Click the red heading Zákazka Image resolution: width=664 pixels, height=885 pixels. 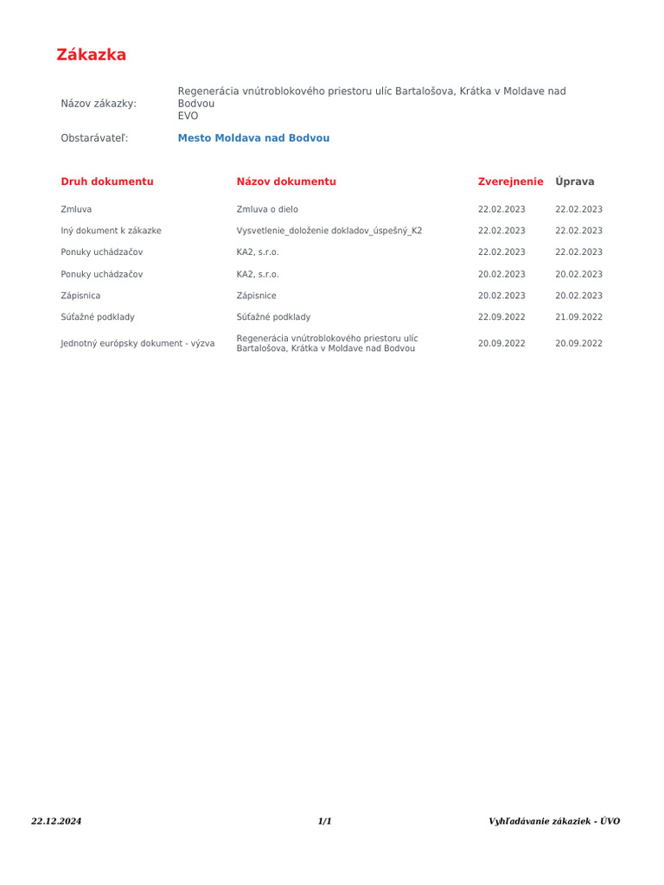click(91, 55)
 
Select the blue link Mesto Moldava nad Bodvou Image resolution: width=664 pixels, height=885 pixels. click(253, 138)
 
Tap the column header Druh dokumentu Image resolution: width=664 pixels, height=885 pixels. click(107, 181)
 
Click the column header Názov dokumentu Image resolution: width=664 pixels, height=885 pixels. click(286, 181)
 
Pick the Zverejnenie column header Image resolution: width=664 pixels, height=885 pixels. click(510, 181)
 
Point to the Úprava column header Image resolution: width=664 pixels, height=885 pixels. click(575, 181)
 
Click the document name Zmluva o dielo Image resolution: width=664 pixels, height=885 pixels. click(267, 209)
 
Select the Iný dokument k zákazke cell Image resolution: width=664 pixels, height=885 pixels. click(111, 231)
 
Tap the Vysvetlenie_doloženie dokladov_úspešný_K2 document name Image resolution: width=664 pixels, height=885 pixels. click(329, 231)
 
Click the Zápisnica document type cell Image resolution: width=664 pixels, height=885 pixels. click(80, 296)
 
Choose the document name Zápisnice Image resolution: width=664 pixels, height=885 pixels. click(256, 296)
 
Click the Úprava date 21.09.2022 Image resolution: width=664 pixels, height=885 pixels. click(578, 317)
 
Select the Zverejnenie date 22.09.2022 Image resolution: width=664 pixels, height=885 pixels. click(501, 317)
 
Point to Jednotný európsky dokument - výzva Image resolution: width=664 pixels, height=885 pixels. click(137, 343)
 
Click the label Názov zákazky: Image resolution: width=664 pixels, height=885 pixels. click(99, 104)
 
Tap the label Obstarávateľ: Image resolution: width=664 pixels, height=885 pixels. click(94, 138)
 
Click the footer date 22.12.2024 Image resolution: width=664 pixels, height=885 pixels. click(56, 821)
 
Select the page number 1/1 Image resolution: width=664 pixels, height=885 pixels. click(324, 821)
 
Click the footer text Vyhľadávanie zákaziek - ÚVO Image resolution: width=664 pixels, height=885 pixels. click(554, 821)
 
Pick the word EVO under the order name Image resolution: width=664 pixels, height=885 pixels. click(188, 116)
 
